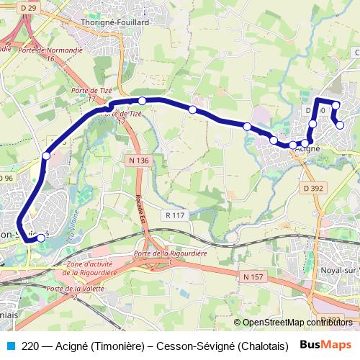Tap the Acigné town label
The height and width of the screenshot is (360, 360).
(x=308, y=148)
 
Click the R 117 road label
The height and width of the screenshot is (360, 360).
(x=175, y=215)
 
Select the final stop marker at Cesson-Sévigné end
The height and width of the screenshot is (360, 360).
(x=41, y=238)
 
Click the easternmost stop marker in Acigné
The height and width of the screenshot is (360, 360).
(x=341, y=125)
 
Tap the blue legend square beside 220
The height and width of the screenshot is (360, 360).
(x=9, y=345)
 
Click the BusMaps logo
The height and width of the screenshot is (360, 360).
(x=325, y=345)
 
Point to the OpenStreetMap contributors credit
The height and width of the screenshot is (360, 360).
(x=297, y=323)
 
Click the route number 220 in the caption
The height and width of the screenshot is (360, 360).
(x=30, y=346)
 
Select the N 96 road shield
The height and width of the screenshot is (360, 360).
(x=6, y=178)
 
